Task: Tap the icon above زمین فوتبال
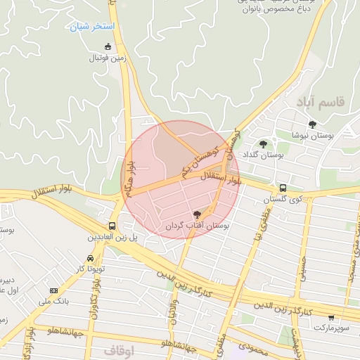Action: tap(107, 47)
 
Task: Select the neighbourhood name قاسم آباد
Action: tap(321, 103)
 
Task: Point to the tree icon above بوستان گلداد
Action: tap(263, 144)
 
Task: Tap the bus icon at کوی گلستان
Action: tap(283, 188)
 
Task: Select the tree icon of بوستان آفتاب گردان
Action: tap(198, 214)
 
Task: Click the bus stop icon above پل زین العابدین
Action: tap(112, 226)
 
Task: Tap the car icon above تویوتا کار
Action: tap(89, 258)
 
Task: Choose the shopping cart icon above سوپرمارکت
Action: tap(330, 317)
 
